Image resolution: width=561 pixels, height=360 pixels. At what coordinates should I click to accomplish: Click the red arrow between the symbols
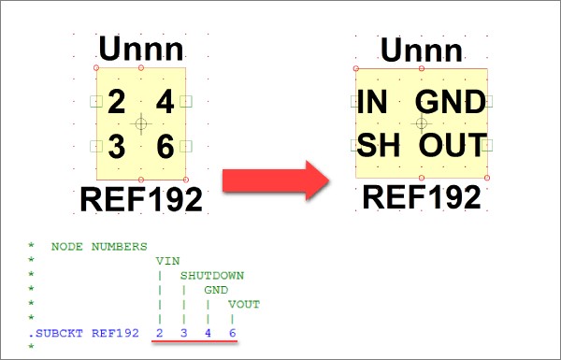point(276,180)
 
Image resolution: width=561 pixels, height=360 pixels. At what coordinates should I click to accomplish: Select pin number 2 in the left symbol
point(116,102)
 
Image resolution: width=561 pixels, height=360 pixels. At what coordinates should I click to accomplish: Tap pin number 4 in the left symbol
point(165,102)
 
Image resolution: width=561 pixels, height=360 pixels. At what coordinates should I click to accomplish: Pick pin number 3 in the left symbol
point(117,146)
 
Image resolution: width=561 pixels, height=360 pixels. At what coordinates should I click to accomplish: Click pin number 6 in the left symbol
point(165,146)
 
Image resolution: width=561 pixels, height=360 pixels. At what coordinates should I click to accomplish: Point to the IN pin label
point(372,102)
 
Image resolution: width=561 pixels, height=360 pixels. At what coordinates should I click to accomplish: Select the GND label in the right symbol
point(451,102)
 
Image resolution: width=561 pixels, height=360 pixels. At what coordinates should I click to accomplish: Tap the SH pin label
point(378,145)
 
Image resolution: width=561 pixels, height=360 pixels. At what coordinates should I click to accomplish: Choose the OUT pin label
point(453,145)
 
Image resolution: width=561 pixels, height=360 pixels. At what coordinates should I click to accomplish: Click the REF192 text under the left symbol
point(141,199)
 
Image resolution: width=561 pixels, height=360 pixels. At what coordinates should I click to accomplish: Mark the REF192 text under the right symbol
point(422,197)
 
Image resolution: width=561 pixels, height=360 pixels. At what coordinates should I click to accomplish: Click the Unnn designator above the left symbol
point(141,49)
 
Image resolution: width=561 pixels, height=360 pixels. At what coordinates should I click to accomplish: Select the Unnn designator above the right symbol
point(422,50)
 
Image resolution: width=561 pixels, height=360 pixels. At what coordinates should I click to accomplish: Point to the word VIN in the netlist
point(167,261)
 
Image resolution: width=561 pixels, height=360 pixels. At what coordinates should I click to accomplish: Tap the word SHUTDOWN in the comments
point(212,276)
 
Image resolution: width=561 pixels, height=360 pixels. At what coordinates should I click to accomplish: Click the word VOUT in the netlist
point(244,305)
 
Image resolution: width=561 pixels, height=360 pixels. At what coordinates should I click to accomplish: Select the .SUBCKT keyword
point(55,333)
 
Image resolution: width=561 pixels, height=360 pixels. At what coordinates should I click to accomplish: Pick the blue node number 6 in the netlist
point(232,333)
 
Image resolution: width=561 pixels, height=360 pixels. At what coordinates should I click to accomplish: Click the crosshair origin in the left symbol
point(141,123)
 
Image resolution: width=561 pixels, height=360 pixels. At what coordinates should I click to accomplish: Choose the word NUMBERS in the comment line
point(119,247)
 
